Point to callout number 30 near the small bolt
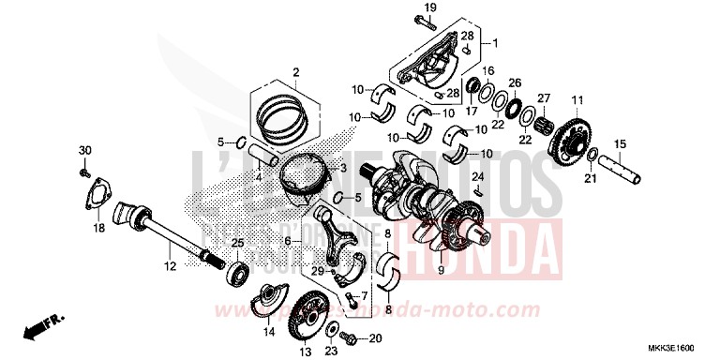pyautogui.click(x=83, y=152)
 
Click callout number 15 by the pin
pyautogui.click(x=619, y=143)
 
